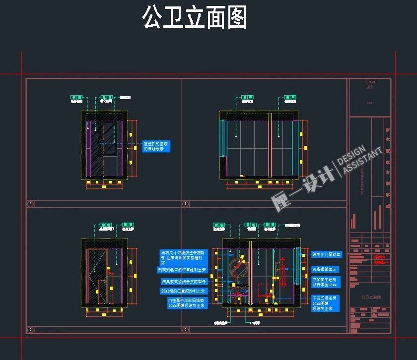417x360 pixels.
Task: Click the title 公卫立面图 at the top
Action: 194,18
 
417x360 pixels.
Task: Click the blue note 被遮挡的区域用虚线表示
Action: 156,146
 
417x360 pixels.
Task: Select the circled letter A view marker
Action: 31,204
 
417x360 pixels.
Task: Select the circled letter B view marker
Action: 186,204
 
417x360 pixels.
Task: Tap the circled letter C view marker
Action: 31,330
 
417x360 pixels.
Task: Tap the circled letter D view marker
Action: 186,330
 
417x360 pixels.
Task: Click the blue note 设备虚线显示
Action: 324,269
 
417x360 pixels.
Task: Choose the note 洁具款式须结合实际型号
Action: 182,281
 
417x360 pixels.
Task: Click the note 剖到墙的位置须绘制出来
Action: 183,291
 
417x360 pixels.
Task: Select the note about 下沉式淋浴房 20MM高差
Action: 325,302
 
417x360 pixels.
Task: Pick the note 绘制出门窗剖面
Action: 327,254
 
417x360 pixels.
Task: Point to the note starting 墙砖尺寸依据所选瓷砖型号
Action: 182,256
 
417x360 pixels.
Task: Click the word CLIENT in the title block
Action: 370,82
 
